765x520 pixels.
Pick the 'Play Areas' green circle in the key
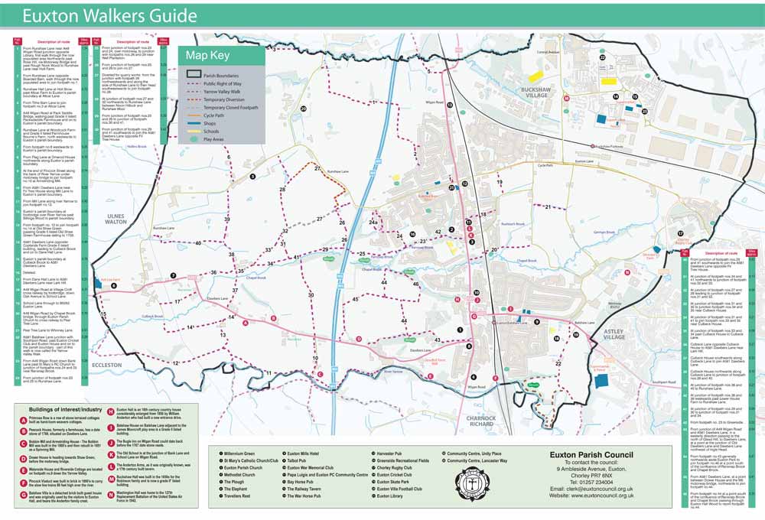tap(194, 140)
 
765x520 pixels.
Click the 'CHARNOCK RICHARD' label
tap(483, 421)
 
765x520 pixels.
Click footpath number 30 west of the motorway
tap(311, 294)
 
